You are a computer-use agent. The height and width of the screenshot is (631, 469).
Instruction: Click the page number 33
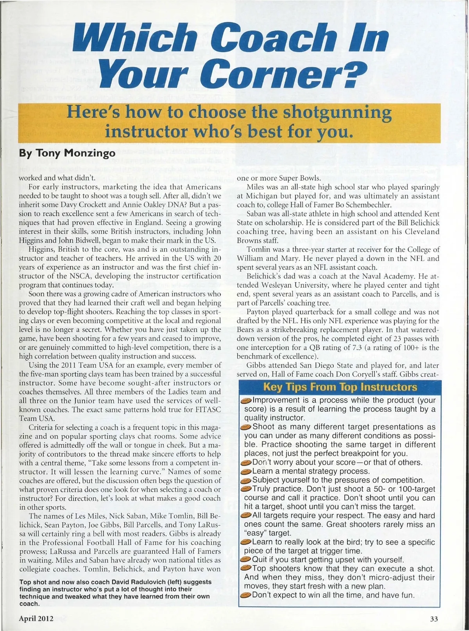coord(434,619)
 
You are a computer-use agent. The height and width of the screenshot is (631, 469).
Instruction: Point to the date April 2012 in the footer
coord(36,619)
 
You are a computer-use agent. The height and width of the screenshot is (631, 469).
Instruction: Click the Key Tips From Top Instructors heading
coord(340,387)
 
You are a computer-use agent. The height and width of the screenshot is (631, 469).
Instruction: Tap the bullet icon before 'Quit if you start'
coord(246,560)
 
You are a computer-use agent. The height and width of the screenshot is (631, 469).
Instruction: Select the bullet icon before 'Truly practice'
coord(246,489)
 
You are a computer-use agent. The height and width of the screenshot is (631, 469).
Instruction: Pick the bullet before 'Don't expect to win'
coord(246,595)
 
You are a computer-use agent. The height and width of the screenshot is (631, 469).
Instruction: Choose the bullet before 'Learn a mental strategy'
coord(246,472)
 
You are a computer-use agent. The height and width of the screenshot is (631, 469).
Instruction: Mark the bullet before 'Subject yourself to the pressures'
coord(246,481)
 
